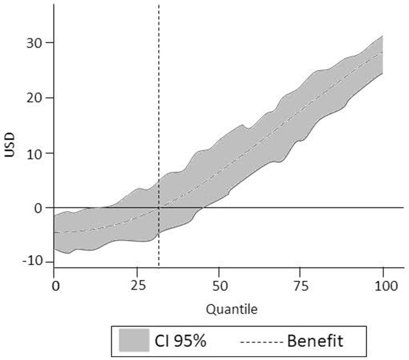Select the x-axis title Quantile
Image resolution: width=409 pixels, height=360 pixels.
(x=232, y=310)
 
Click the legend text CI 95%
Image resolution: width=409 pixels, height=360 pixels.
(x=180, y=341)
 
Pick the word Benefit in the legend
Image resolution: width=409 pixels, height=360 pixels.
(x=315, y=341)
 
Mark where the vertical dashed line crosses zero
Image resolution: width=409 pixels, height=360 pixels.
(x=159, y=208)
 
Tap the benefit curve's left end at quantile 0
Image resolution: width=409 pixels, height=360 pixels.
(x=55, y=232)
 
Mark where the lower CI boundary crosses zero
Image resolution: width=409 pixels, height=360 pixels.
(x=203, y=208)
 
